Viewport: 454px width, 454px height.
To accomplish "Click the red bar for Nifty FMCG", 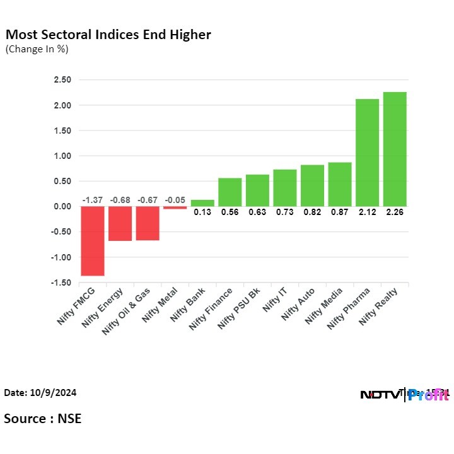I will click(x=92, y=241).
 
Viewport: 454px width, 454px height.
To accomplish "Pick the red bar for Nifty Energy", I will click(x=120, y=223).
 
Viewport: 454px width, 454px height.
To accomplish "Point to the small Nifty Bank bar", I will click(x=202, y=203).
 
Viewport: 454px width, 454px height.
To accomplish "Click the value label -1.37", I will click(x=92, y=200).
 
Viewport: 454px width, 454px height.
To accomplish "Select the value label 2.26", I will click(x=395, y=212).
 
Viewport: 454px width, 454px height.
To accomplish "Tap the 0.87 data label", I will click(x=340, y=212).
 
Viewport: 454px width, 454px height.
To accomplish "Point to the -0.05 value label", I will click(x=175, y=200).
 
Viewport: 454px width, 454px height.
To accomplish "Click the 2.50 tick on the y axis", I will click(x=62, y=80).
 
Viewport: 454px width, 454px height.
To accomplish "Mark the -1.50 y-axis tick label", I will click(x=61, y=283).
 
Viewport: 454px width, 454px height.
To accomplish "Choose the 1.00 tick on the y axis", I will click(x=62, y=156).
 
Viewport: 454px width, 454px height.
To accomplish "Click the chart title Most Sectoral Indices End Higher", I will click(x=108, y=35).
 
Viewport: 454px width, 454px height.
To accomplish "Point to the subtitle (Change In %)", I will click(x=37, y=49).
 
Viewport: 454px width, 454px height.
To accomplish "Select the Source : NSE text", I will click(x=43, y=418).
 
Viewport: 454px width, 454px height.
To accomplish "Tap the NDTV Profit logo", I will click(x=404, y=395).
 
